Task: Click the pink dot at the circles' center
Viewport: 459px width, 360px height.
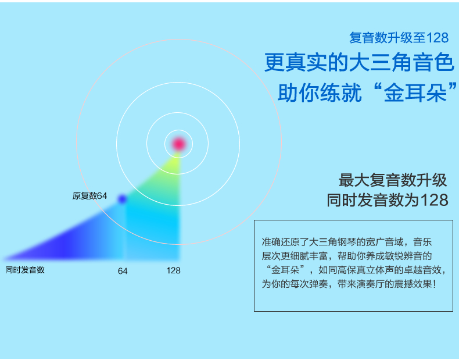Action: (x=178, y=144)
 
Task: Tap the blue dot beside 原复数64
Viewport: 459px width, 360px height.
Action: (x=122, y=199)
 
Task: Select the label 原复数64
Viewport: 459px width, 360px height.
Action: (x=89, y=195)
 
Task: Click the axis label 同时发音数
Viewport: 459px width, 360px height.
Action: (x=25, y=270)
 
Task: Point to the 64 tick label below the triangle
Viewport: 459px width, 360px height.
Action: (x=123, y=271)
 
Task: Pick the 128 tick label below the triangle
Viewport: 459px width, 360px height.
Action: (x=173, y=270)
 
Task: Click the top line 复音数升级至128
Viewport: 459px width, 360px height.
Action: (x=399, y=38)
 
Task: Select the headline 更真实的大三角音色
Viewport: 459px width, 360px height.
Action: (x=359, y=62)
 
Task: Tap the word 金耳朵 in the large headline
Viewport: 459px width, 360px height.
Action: (x=415, y=93)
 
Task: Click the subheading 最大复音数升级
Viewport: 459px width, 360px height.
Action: (x=393, y=180)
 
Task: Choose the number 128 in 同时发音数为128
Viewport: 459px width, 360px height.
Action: (x=434, y=200)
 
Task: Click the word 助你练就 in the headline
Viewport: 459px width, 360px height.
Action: (x=320, y=93)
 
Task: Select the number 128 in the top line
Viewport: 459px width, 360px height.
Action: (x=438, y=38)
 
